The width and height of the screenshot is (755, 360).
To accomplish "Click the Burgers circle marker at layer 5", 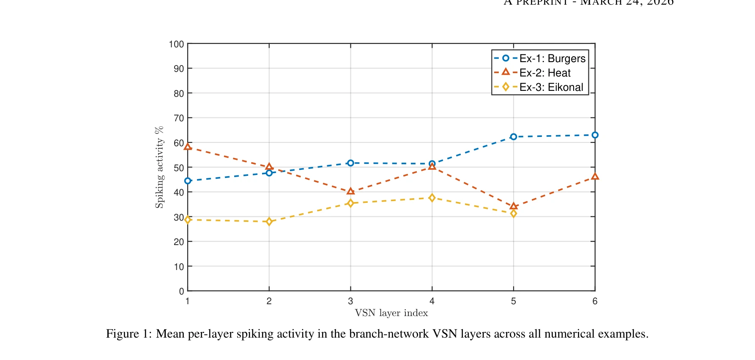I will coord(513,137).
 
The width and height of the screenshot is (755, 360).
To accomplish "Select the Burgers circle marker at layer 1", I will coord(188,181).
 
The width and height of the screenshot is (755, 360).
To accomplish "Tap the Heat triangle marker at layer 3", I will coord(350,191).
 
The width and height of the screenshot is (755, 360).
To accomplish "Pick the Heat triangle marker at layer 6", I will coord(595,177).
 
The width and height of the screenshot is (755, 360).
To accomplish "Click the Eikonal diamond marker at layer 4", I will coord(432,198).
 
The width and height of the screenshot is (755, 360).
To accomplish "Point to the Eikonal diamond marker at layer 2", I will coord(269,221).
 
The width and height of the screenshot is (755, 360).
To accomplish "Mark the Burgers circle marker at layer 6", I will coord(595,135).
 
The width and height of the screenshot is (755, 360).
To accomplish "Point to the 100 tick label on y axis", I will coord(176,44).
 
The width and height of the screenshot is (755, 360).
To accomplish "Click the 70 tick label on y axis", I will coord(179,118).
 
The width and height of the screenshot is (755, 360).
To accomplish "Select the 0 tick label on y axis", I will coord(181,291).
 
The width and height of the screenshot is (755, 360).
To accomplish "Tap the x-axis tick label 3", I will coord(350,301).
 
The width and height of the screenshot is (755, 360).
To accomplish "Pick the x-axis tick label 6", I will coord(595,301).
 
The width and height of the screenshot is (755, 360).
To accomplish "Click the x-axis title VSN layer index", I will coord(391,313).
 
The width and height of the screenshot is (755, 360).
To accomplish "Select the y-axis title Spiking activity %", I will coord(159,167).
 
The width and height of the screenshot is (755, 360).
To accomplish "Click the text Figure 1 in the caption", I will coord(128,334).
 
